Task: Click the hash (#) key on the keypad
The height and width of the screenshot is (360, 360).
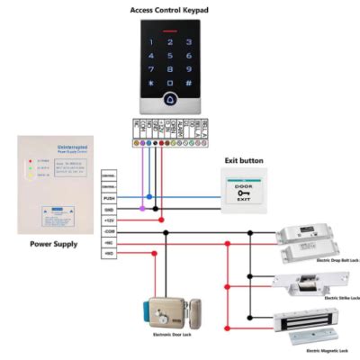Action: pyautogui.click(x=191, y=85)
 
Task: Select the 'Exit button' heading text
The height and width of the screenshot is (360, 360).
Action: pyautogui.click(x=243, y=161)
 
